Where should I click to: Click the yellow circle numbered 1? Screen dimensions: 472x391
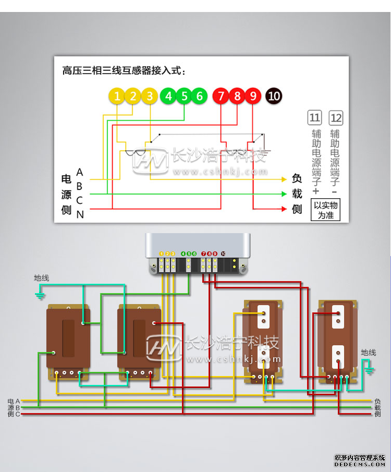tap(117, 96)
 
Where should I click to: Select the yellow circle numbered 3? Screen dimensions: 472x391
tap(150, 96)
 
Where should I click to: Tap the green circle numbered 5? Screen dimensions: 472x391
tap(184, 96)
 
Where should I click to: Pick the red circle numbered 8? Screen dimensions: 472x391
tap(237, 96)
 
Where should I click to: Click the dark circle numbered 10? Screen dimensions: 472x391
tap(274, 96)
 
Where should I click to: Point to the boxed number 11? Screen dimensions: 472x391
tap(315, 118)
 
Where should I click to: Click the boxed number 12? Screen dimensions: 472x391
tap(336, 118)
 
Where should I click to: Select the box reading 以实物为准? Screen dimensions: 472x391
tap(325, 210)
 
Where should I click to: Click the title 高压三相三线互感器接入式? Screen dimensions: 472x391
tap(123, 70)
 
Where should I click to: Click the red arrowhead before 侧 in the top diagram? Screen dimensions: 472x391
tap(284, 209)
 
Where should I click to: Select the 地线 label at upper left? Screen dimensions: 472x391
tap(42, 278)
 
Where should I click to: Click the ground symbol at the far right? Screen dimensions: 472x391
tap(370, 370)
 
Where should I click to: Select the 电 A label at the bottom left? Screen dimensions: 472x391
tap(14, 401)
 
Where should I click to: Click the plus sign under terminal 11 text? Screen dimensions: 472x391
tap(315, 190)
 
